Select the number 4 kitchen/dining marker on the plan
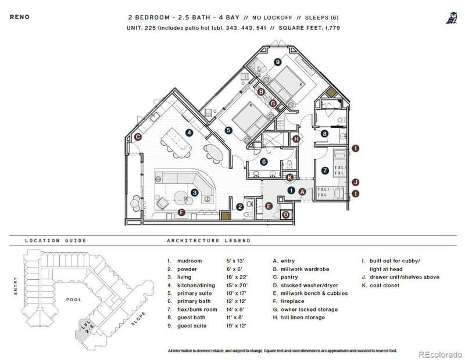pyautogui.click(x=189, y=133)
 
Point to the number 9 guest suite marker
pyautogui.click(x=278, y=62)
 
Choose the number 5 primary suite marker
pyautogui.click(x=228, y=130)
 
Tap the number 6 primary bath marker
pyautogui.click(x=264, y=162)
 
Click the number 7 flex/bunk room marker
pyautogui.click(x=325, y=170)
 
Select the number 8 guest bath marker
pyautogui.click(x=324, y=134)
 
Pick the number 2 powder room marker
pyautogui.click(x=239, y=206)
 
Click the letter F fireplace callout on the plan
pyautogui.click(x=181, y=212)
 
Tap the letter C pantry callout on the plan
pyautogui.click(x=138, y=137)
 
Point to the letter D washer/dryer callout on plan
pyautogui.click(x=285, y=214)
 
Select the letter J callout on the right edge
pyautogui.click(x=355, y=182)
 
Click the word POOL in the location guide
pyautogui.click(x=73, y=300)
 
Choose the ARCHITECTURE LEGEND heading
pyautogui.click(x=209, y=240)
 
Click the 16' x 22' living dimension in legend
pyautogui.click(x=237, y=277)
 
